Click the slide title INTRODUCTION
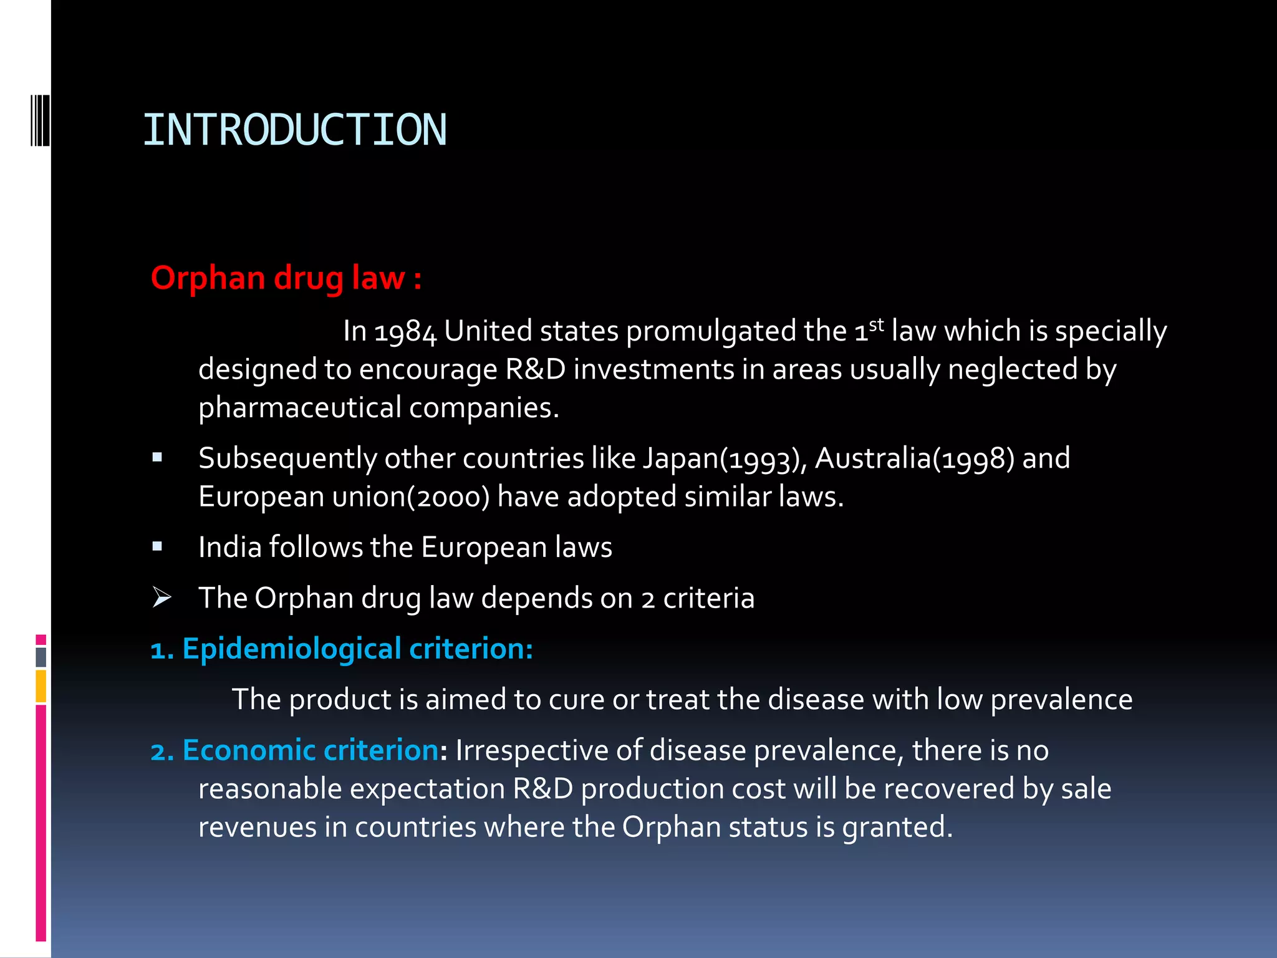(x=294, y=130)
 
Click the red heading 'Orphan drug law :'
(x=286, y=278)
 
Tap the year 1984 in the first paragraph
(x=406, y=332)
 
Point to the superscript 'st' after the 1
(x=876, y=325)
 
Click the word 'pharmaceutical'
(x=300, y=408)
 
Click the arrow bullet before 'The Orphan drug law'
(x=161, y=598)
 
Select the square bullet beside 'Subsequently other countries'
(x=157, y=458)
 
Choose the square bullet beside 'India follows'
(x=157, y=547)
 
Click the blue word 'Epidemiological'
(x=292, y=649)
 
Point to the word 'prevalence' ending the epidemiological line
(x=1061, y=700)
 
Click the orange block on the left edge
(x=41, y=686)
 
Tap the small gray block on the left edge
(x=41, y=657)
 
